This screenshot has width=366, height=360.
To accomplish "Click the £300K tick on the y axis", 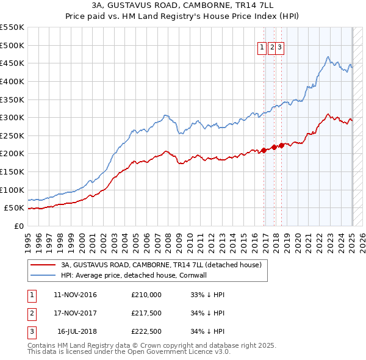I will [12, 117].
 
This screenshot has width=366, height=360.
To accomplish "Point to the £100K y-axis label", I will [12, 190].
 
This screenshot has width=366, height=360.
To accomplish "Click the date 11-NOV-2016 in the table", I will [75, 295].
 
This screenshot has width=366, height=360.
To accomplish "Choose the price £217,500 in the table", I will [146, 313].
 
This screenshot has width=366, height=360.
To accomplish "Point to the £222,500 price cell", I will [146, 331].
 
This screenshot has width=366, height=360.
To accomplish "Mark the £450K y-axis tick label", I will [12, 63].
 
